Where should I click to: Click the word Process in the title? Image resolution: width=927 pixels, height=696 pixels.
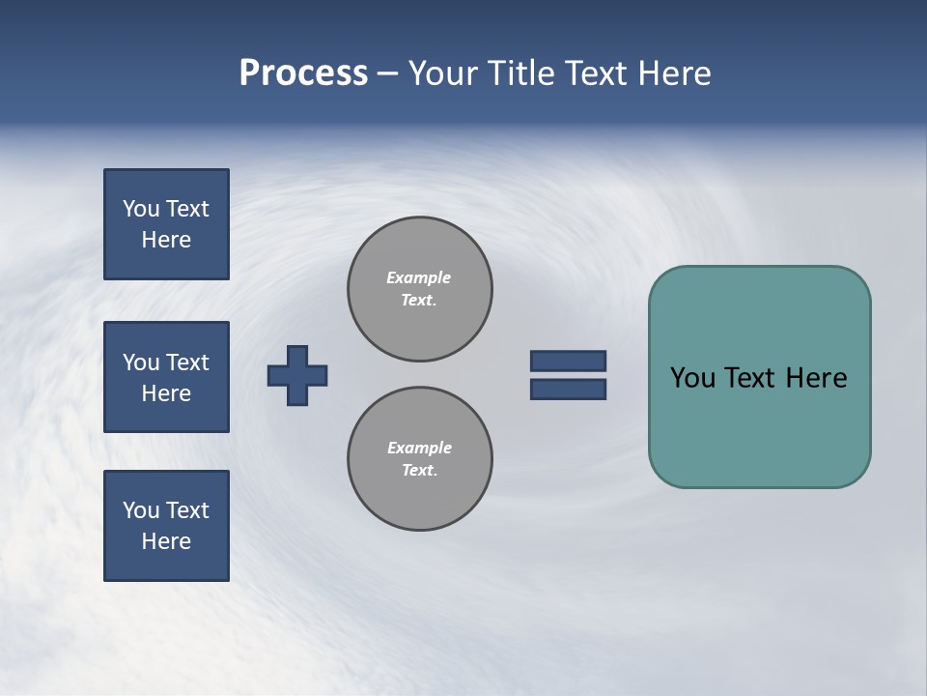pos(303,73)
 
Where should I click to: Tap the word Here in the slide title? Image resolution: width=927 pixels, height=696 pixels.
pos(674,73)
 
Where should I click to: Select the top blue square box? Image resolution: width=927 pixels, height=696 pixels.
pos(166,224)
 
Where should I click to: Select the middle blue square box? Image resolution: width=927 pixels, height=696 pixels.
pos(166,377)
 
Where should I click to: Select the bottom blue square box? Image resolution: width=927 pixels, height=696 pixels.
pos(166,526)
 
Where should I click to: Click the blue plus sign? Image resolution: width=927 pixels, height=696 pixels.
pos(297,375)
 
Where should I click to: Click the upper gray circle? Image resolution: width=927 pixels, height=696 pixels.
pos(420,289)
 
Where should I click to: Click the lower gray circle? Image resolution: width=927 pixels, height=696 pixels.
pos(420,459)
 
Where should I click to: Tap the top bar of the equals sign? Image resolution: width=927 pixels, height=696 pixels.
pos(568,361)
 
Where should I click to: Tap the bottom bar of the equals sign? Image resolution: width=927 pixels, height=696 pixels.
pos(568,390)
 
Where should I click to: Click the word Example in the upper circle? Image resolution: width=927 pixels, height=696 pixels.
pos(419,277)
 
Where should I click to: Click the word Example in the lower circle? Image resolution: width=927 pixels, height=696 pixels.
pos(419,448)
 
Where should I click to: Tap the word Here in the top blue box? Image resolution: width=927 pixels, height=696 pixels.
pos(166,240)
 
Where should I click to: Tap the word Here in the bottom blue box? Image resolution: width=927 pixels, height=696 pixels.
pos(166,541)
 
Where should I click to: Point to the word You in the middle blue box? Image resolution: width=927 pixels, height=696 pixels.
pos(140,362)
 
